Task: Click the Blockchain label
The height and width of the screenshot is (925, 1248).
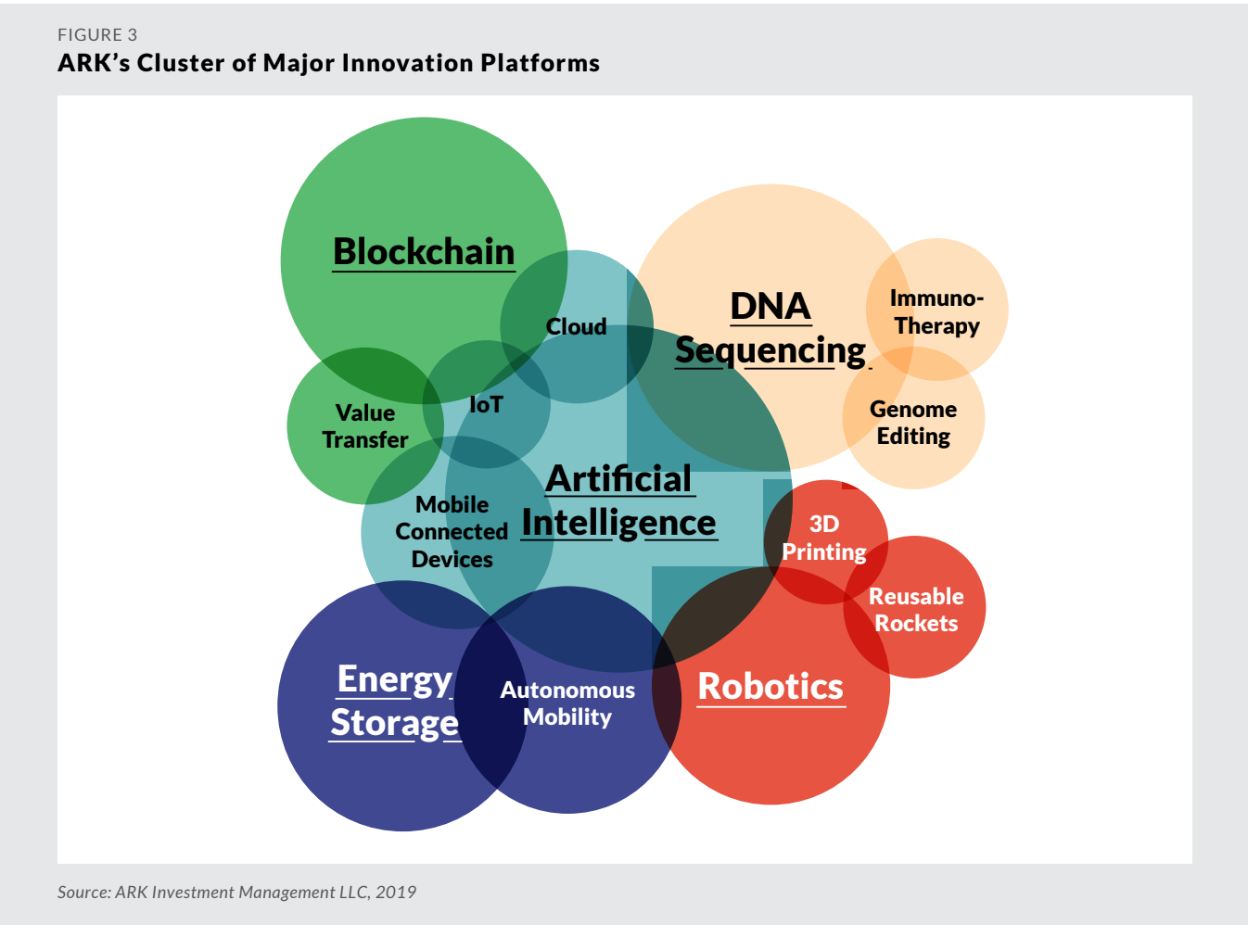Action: [x=424, y=251]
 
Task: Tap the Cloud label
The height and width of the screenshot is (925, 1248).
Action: [x=576, y=327]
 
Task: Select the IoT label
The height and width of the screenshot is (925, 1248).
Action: [x=486, y=404]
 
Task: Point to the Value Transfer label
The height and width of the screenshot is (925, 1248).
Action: [x=365, y=426]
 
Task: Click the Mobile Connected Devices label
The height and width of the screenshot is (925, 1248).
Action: [x=452, y=532]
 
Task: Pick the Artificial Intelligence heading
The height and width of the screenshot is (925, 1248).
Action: [x=619, y=501]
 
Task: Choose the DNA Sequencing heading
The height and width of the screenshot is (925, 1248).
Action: [x=770, y=329]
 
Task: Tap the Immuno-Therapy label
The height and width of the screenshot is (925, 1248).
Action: [x=936, y=312]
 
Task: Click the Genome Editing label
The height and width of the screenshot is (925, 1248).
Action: [x=913, y=424]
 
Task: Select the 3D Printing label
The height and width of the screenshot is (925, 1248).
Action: [x=824, y=538]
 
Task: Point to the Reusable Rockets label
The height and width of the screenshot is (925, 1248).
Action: [x=916, y=610]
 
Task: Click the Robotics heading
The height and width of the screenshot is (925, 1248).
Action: [x=770, y=687]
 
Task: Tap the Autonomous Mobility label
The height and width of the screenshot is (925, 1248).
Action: [x=567, y=703]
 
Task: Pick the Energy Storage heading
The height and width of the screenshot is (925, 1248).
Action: [x=395, y=702]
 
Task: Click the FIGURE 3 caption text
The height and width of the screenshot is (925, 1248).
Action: [x=97, y=35]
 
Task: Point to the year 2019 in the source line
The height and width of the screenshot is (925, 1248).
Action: [x=396, y=892]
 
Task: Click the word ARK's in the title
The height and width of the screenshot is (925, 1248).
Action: [x=94, y=62]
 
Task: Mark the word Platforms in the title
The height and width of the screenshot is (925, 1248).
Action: [x=541, y=62]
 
